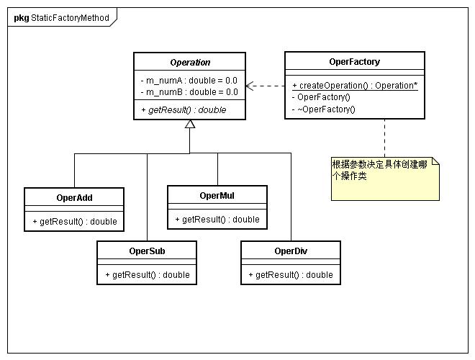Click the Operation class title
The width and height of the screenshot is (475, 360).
pyautogui.click(x=190, y=63)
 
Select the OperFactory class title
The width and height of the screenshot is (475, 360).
pyautogui.click(x=354, y=62)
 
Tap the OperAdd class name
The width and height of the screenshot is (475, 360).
pyautogui.click(x=74, y=198)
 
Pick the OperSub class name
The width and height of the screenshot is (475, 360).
pyautogui.click(x=147, y=251)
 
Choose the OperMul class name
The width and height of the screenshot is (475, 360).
pyautogui.click(x=217, y=196)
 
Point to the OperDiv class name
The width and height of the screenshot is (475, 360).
pyautogui.click(x=291, y=251)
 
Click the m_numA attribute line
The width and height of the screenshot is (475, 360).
pyautogui.click(x=189, y=81)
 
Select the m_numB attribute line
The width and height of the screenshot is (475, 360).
pyautogui.click(x=189, y=92)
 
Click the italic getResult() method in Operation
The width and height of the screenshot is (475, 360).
pyautogui.click(x=184, y=110)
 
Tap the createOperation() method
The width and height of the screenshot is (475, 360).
pyautogui.click(x=355, y=86)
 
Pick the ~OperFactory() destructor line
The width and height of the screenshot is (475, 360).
pyautogui.click(x=324, y=109)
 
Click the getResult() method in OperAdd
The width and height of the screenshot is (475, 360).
pyautogui.click(x=75, y=222)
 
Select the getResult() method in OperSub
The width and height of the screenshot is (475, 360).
pyautogui.click(x=148, y=275)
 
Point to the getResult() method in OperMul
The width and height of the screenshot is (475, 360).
pyautogui.click(x=217, y=220)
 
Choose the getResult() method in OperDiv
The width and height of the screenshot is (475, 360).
pyautogui.click(x=291, y=275)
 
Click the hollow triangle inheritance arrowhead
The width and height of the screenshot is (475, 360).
pyautogui.click(x=190, y=124)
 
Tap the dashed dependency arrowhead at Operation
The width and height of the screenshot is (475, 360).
pyautogui.click(x=249, y=86)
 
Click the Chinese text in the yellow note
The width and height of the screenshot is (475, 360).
pyautogui.click(x=379, y=171)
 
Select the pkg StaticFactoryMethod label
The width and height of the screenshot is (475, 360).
pyautogui.click(x=61, y=18)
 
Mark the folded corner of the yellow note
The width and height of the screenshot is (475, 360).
pyautogui.click(x=435, y=161)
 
